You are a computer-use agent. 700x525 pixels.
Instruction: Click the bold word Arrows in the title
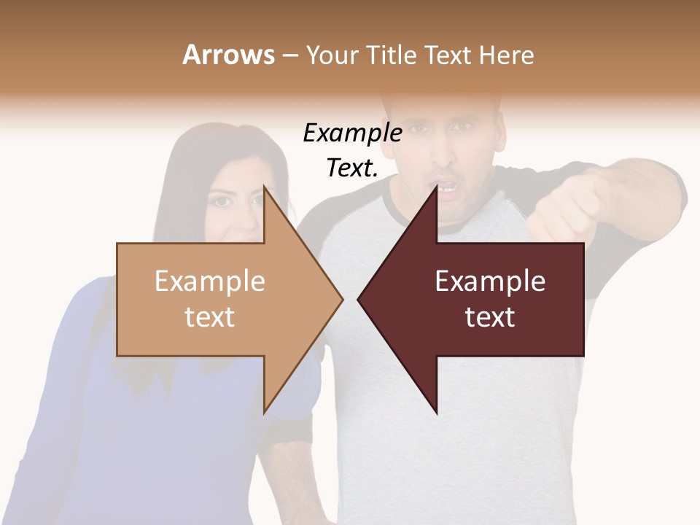point(228,55)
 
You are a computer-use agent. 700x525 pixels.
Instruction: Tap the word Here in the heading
point(506,55)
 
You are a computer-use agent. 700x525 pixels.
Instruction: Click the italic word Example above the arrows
point(352,133)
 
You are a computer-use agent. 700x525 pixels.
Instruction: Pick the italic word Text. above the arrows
point(352,168)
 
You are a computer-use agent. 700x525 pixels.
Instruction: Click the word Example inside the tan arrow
point(210,281)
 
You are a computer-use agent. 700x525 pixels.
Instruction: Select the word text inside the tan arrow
point(210,317)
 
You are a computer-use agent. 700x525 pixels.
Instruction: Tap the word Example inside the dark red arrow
point(490,281)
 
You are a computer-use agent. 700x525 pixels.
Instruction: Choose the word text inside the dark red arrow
point(490,317)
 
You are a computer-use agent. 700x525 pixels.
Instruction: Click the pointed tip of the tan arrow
point(341,299)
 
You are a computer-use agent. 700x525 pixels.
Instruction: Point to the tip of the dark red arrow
point(359,299)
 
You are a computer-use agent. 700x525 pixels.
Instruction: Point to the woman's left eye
point(257,198)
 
